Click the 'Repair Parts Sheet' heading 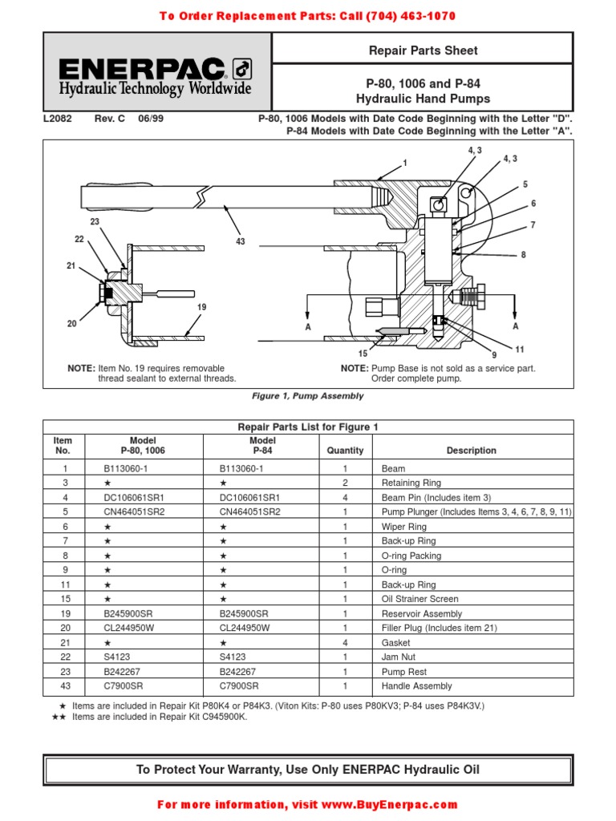point(423,51)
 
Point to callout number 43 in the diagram point(240,241)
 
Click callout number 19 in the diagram point(201,307)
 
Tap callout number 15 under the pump point(363,353)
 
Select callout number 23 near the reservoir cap point(94,221)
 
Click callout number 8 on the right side point(523,255)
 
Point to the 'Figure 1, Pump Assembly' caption point(308,396)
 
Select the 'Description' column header point(472,451)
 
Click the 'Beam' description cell point(394,468)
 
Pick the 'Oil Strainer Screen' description point(420,599)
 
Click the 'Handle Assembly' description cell point(417,686)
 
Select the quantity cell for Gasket point(345,643)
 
